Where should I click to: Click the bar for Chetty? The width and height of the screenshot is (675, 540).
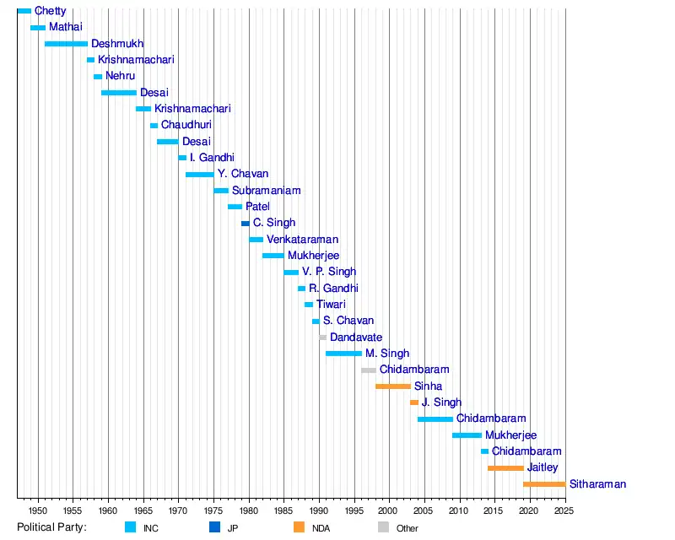pyautogui.click(x=24, y=11)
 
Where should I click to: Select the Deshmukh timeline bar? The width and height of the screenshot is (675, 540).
pyautogui.click(x=66, y=43)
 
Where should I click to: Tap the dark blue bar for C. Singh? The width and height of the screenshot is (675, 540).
pyautogui.click(x=246, y=223)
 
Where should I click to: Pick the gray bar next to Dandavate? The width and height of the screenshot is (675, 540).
pyautogui.click(x=322, y=337)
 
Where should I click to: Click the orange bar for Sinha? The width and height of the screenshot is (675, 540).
pyautogui.click(x=393, y=386)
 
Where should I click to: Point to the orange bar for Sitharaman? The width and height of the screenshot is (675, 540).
pyautogui.click(x=544, y=484)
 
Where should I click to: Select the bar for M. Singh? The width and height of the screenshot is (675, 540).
pyautogui.click(x=343, y=354)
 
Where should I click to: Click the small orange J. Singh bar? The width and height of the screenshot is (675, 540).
pyautogui.click(x=414, y=402)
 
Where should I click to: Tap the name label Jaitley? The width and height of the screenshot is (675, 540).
pyautogui.click(x=543, y=467)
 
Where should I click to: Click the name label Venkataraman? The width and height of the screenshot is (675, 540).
pyautogui.click(x=302, y=240)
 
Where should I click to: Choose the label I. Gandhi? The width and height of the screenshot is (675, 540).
pyautogui.click(x=212, y=158)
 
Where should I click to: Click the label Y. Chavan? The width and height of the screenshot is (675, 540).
pyautogui.click(x=243, y=174)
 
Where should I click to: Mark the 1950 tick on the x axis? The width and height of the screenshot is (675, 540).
pyautogui.click(x=38, y=510)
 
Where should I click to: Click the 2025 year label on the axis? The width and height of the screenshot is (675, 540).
pyautogui.click(x=565, y=510)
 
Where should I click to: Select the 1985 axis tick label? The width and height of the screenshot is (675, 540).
pyautogui.click(x=284, y=510)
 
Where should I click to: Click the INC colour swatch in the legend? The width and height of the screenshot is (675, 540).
pyautogui.click(x=130, y=527)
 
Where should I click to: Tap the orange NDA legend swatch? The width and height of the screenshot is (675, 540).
pyautogui.click(x=299, y=527)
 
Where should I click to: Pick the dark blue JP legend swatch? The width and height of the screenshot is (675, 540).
pyautogui.click(x=214, y=527)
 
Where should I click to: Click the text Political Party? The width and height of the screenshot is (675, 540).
pyautogui.click(x=51, y=527)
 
